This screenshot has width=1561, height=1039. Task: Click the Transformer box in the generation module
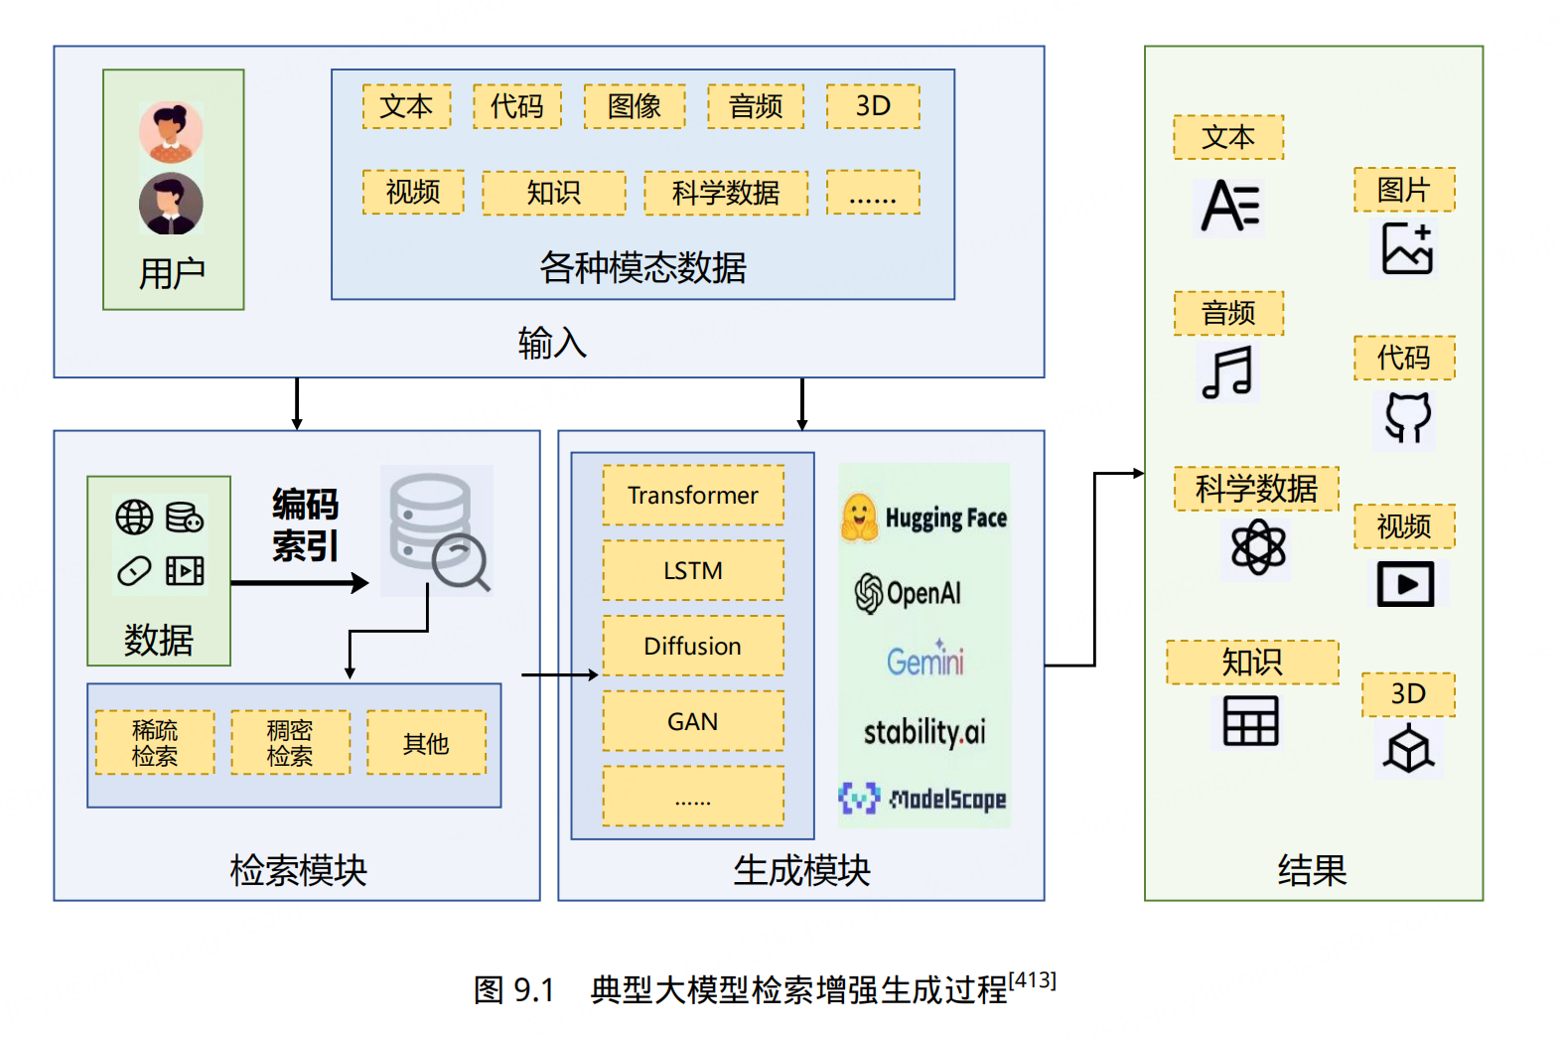pos(692,495)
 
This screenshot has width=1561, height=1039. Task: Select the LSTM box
pos(692,570)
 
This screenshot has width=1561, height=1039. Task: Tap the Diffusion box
pos(692,646)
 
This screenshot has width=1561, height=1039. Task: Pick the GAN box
pos(692,721)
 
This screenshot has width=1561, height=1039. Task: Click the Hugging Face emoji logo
pos(859,518)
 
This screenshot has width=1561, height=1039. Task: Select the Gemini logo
pos(924,660)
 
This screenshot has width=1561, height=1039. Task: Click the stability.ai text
pos(924,732)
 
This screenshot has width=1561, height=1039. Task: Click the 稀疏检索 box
pos(155,743)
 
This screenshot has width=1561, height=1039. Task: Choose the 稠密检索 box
pos(290,743)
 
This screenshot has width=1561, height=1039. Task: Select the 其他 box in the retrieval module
pos(426,743)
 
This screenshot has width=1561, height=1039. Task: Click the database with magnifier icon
pos(438,531)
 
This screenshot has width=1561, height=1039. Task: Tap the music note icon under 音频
pos(1227,372)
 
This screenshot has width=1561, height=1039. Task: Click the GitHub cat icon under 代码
pos(1407,417)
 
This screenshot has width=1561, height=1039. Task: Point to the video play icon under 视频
pos(1405,584)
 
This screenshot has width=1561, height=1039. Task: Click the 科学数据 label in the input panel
pos(726,193)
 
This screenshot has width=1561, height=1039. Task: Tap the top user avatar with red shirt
pos(171,131)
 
